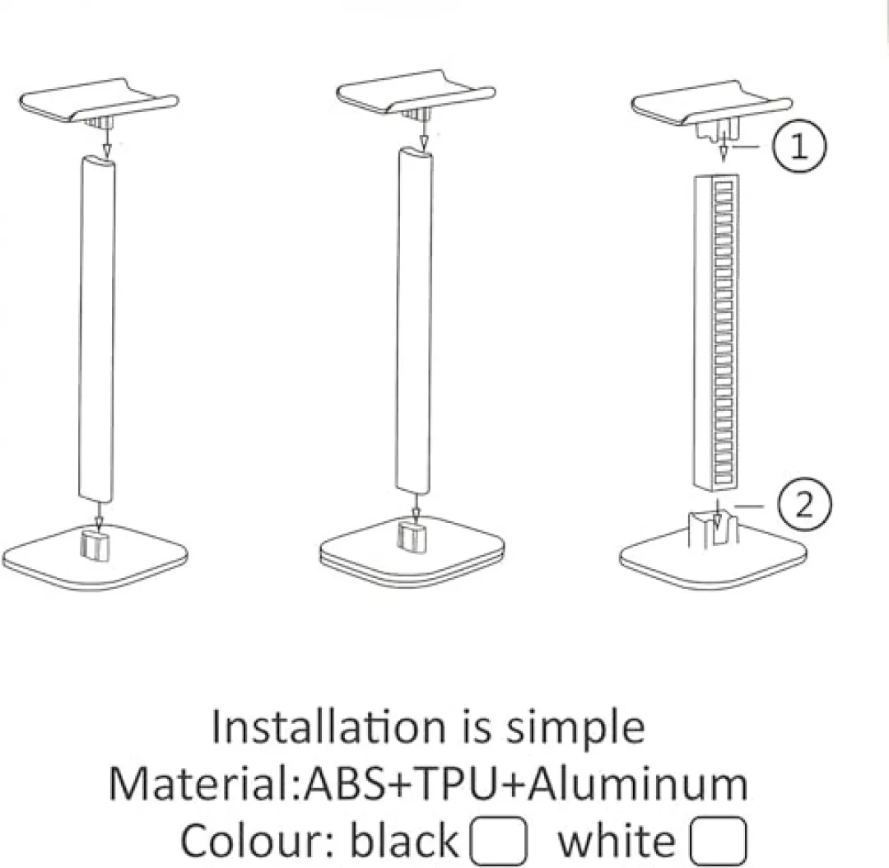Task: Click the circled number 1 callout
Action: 799,147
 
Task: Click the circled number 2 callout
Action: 805,504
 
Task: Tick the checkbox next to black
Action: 498,841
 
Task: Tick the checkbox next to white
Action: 718,841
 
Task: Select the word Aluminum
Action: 639,784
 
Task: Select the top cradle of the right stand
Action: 711,104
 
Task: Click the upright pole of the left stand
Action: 96,329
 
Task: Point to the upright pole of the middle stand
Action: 414,320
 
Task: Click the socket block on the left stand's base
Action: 95,545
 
